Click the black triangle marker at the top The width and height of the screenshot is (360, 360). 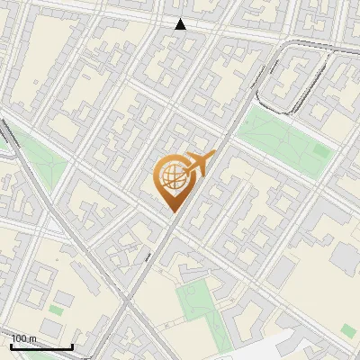point(181,24)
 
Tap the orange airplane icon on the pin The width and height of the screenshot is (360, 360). point(200,165)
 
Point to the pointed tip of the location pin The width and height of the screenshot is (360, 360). point(172,211)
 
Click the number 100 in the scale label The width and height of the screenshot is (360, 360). point(20,338)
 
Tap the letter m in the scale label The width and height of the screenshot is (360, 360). point(33,338)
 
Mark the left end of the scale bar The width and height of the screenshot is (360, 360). point(11,346)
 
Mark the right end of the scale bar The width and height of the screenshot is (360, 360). point(72,346)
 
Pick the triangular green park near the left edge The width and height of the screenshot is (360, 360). point(40,162)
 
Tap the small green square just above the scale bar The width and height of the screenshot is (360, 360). point(56,310)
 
